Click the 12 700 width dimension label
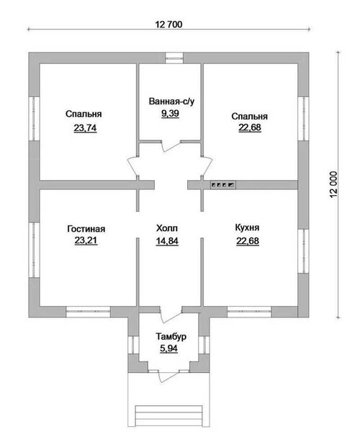pyautogui.click(x=168, y=24)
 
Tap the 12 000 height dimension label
pyautogui.click(x=333, y=185)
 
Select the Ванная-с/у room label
pyautogui.click(x=171, y=101)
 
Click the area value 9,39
pyautogui.click(x=171, y=114)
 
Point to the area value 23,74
pyautogui.click(x=85, y=128)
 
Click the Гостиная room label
pyautogui.click(x=86, y=229)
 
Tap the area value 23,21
pyautogui.click(x=86, y=240)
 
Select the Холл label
pyautogui.click(x=167, y=228)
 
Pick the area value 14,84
pyautogui.click(x=167, y=241)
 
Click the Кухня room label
pyautogui.click(x=248, y=227)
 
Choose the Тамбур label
pyautogui.click(x=171, y=337)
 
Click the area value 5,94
pyautogui.click(x=168, y=348)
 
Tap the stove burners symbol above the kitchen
pyautogui.click(x=223, y=185)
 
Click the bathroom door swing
pyautogui.click(x=171, y=145)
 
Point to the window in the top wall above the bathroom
pyautogui.click(x=174, y=58)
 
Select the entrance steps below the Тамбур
pyautogui.click(x=169, y=415)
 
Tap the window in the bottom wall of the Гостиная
pyautogui.click(x=88, y=312)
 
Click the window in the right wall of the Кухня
pyautogui.click(x=303, y=251)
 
